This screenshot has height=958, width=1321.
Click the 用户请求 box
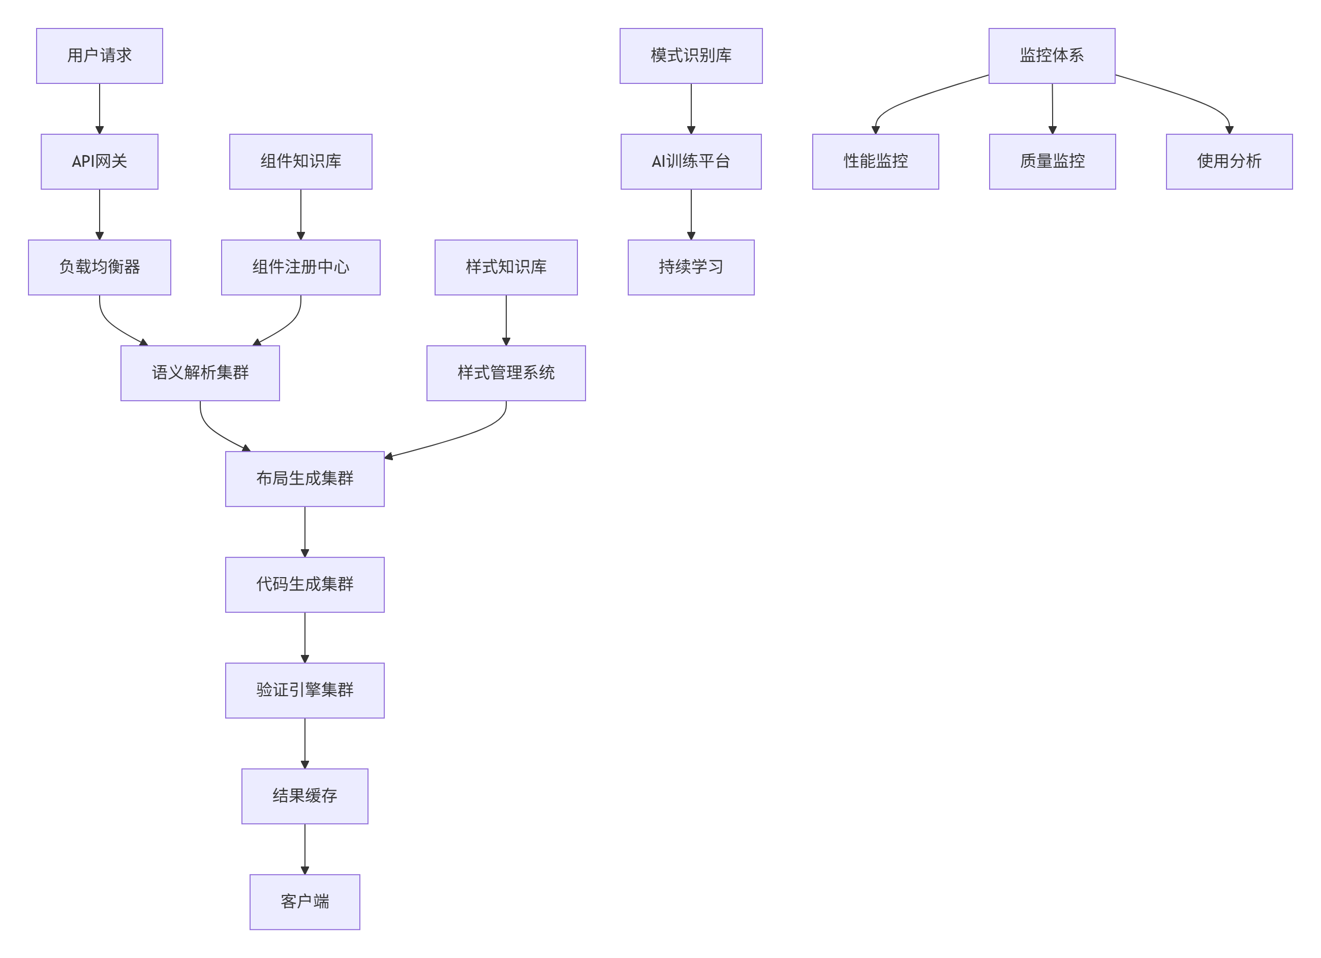100,56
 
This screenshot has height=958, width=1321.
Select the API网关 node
100,161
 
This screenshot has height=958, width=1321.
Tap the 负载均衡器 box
100,267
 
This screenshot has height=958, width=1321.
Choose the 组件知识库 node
300,161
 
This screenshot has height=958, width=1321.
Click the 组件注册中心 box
300,267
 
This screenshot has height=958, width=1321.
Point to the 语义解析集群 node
200,373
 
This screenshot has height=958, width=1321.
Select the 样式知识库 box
506,267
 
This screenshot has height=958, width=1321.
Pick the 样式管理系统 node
506,373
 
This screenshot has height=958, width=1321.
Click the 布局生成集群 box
304,479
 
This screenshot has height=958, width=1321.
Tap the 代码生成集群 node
304,584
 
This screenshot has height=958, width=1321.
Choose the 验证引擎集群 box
304,691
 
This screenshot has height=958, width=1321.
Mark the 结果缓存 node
304,796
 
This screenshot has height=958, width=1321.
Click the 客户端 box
304,902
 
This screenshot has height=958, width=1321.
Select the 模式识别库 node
691,56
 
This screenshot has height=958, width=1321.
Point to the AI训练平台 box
691,161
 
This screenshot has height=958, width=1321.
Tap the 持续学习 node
691,267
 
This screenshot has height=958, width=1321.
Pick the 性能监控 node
875,161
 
